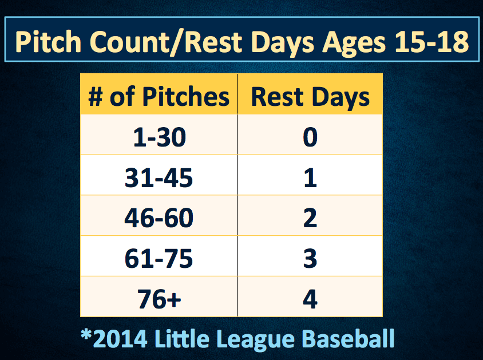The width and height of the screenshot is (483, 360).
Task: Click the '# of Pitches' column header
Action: [x=159, y=97]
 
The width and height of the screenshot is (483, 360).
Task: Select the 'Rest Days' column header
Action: [x=310, y=97]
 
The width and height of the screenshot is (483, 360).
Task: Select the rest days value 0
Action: [x=310, y=137]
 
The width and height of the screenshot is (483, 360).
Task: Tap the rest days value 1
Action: [x=310, y=177]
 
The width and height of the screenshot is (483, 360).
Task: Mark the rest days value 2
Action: [x=310, y=218]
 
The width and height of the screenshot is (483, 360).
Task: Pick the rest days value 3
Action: [x=310, y=258]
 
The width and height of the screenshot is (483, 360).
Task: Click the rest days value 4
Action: [x=310, y=299]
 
